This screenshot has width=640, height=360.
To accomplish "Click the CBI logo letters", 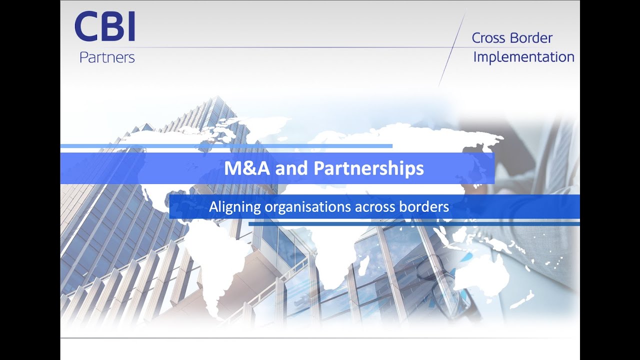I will pos(105,28).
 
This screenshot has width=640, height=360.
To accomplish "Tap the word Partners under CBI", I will pos(107,57).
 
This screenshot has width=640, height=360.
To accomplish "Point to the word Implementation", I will pos(523,57).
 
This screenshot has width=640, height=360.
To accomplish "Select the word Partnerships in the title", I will pos(368,168).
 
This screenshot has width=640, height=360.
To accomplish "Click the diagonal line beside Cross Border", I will pos(452,50).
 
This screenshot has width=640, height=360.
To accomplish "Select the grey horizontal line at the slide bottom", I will pos(320,338).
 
